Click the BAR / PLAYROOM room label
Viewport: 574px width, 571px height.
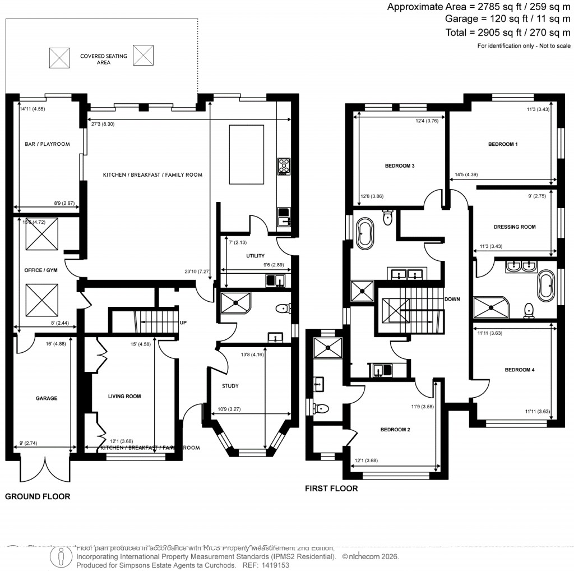tap(47, 144)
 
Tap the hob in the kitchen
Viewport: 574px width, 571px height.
tap(284, 166)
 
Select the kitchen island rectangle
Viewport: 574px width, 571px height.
tap(247, 154)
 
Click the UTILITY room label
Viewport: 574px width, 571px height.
tap(255, 256)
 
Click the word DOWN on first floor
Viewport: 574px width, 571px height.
tap(452, 299)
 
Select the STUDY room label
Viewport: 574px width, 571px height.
tap(230, 386)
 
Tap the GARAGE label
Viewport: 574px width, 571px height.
tap(47, 398)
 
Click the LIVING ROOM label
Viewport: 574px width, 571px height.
tap(124, 396)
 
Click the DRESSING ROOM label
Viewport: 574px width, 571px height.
tap(515, 227)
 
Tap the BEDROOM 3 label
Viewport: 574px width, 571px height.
tap(400, 166)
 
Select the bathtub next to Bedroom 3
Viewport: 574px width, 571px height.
tap(366, 233)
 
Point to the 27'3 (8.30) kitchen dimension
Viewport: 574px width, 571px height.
tap(103, 124)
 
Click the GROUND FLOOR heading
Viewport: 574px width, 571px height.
tap(38, 496)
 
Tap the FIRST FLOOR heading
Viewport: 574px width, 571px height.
tap(331, 489)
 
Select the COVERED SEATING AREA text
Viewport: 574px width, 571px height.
tap(103, 59)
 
